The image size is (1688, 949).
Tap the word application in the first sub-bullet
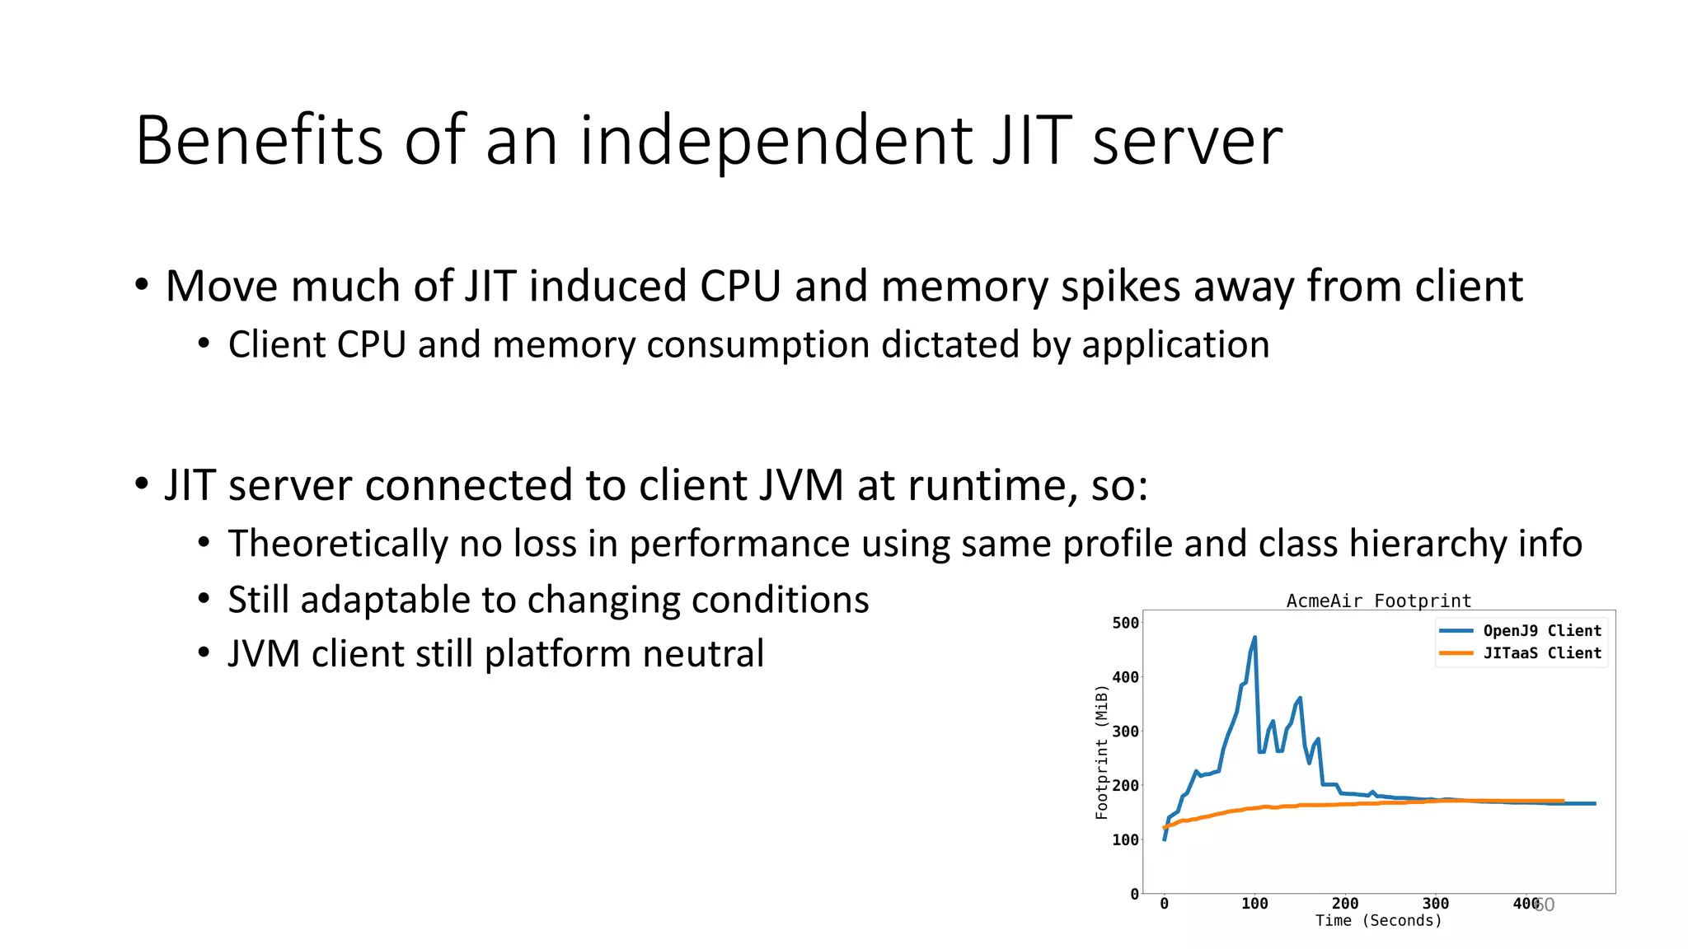tap(1175, 345)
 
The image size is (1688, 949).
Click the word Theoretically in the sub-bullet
tap(337, 544)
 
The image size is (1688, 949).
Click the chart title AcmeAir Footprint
tap(1378, 601)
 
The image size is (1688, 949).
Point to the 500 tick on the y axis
tap(1125, 623)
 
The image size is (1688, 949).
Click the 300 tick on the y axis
tap(1125, 732)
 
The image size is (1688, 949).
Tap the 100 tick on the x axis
tap(1254, 904)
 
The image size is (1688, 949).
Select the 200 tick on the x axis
tap(1345, 904)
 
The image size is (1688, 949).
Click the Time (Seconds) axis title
tap(1378, 921)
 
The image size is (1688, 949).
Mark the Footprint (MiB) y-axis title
tap(1101, 752)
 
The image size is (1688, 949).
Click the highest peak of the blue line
tap(1254, 638)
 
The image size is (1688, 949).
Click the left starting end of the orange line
tap(1165, 827)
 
